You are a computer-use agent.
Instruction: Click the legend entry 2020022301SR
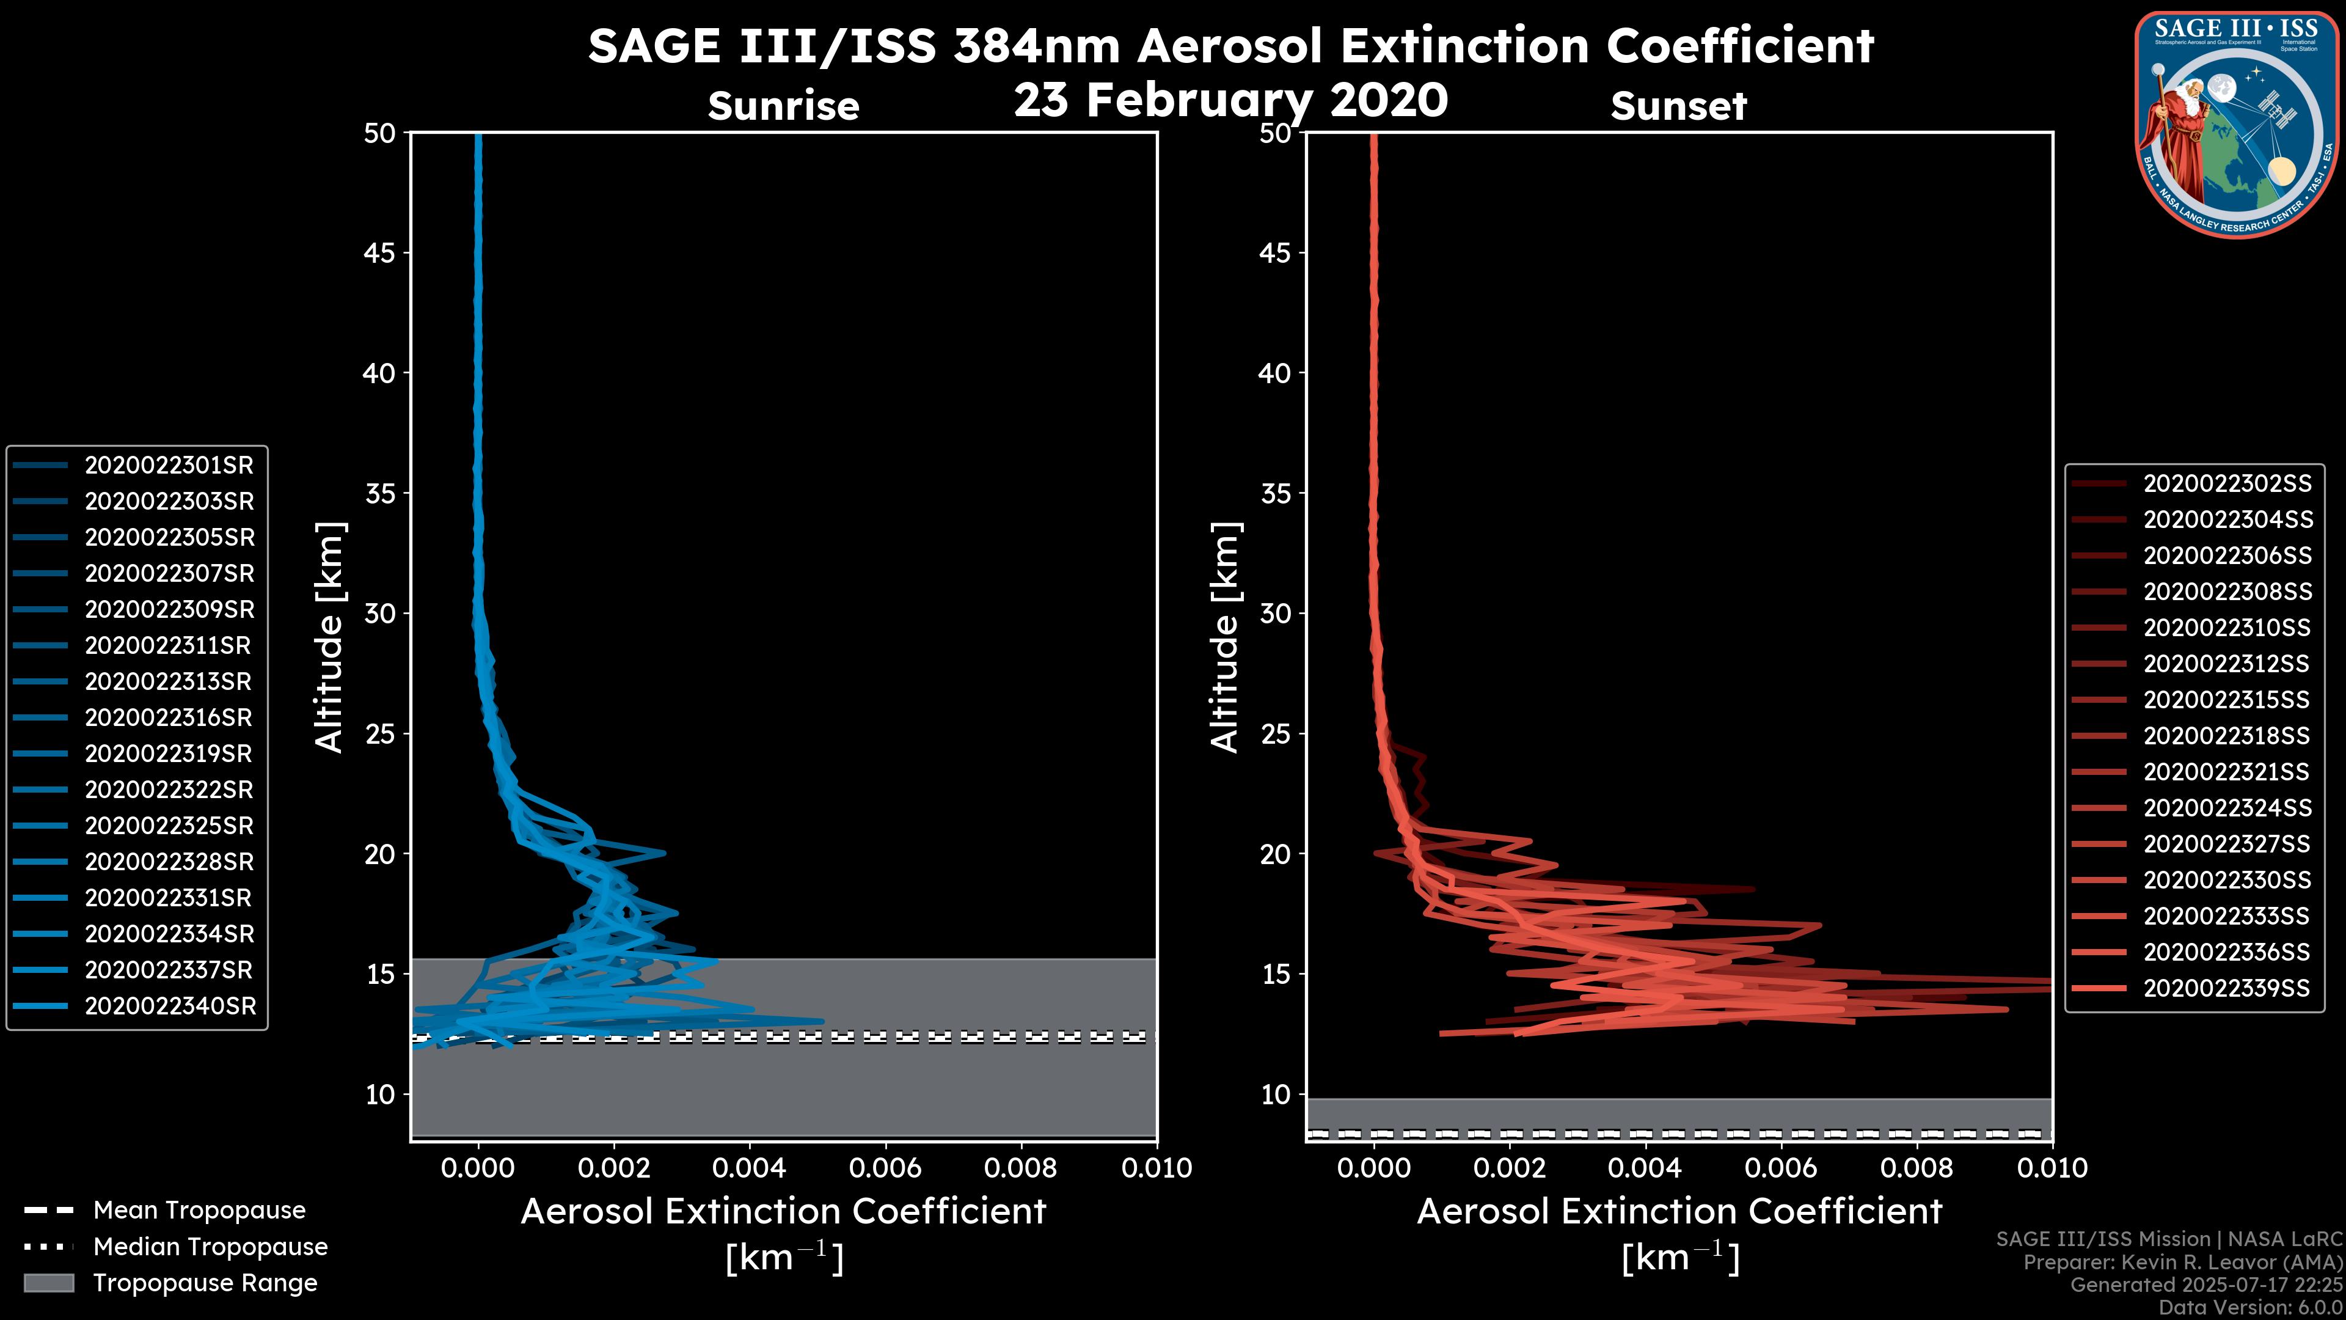point(169,466)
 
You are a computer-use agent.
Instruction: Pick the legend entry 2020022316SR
point(169,718)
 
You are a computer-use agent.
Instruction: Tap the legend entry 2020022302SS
point(2227,484)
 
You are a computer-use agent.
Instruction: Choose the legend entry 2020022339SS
point(2227,988)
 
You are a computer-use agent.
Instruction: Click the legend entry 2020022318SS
point(2227,736)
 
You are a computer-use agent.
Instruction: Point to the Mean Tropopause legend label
point(199,1211)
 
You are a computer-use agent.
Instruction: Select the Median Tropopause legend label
point(210,1247)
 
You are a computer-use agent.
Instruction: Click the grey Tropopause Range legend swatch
point(48,1283)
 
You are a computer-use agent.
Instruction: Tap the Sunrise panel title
point(783,106)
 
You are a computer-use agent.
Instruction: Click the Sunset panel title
point(1678,106)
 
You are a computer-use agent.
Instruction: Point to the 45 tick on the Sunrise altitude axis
point(381,253)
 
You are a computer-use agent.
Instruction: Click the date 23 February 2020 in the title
point(1230,100)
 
